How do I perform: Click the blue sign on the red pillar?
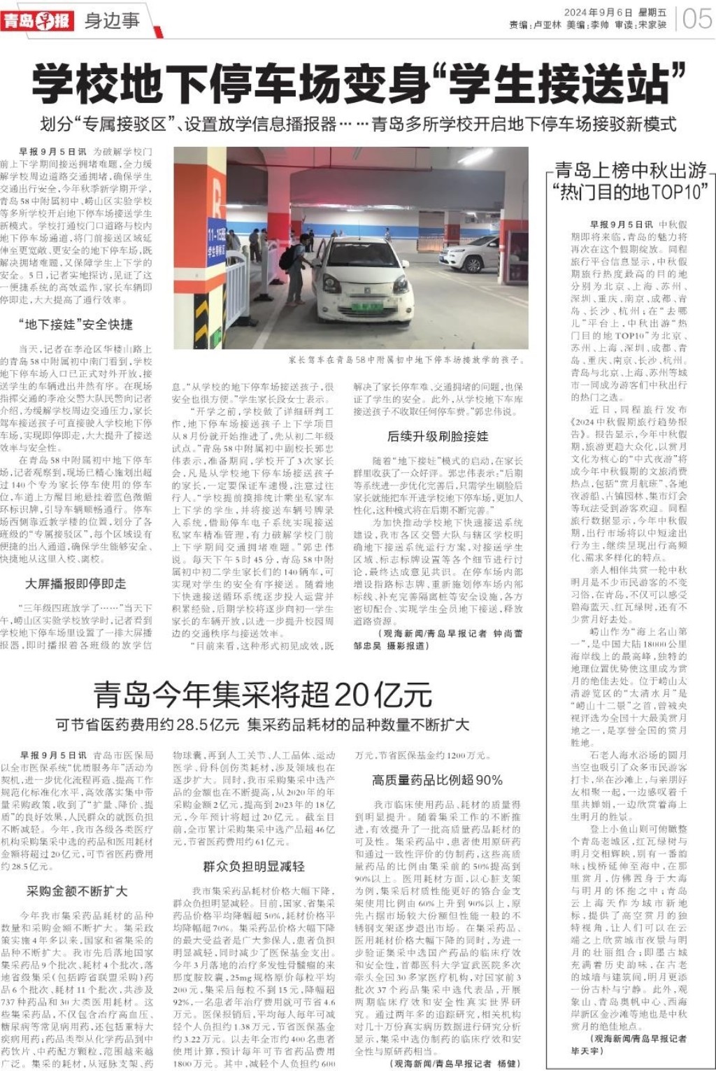coord(216,241)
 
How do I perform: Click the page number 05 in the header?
coord(696,19)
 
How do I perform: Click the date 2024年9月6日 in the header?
coord(598,13)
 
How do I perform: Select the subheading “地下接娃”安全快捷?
coord(76,325)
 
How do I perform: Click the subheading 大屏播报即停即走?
coord(76,583)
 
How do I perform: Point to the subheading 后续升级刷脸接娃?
coord(438,437)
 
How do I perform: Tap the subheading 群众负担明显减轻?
coord(253,867)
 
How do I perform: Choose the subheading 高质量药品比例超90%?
coord(437,780)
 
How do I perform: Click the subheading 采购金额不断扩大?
coord(77,891)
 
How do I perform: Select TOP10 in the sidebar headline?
coord(682,191)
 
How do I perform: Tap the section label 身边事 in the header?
coord(112,20)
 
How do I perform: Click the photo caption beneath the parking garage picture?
coord(406,360)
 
